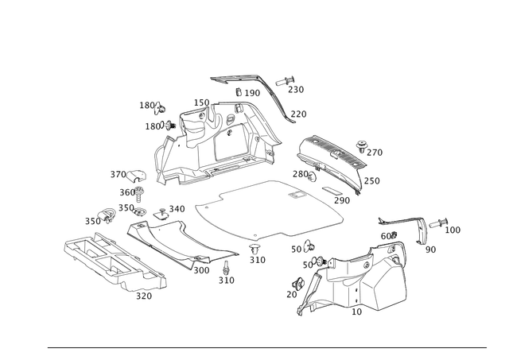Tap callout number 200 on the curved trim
click(202, 270)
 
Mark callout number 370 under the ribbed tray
click(144, 297)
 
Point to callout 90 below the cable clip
click(430, 249)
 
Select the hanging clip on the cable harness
click(425, 235)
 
